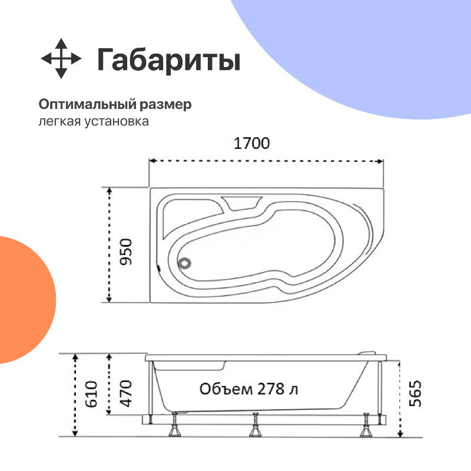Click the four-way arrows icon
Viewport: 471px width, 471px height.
tap(61, 59)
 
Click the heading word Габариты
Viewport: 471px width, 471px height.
tap(169, 60)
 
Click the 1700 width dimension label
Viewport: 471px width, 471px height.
tap(251, 143)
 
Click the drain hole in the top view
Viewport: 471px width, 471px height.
tap(185, 263)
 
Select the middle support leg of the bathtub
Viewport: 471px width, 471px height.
tap(256, 427)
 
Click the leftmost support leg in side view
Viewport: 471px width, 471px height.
tap(175, 427)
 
